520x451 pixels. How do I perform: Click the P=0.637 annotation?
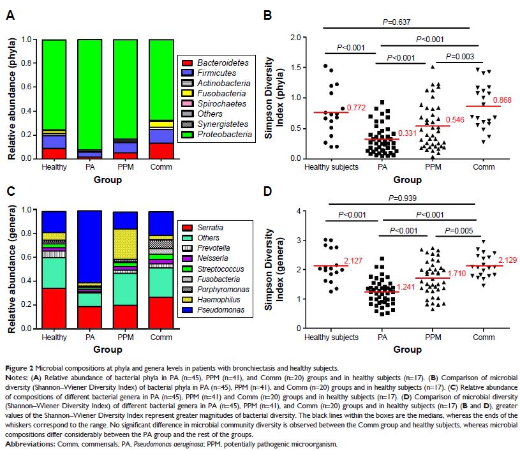pyautogui.click(x=396, y=22)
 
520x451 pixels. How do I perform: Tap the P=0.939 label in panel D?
pyautogui.click(x=396, y=198)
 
